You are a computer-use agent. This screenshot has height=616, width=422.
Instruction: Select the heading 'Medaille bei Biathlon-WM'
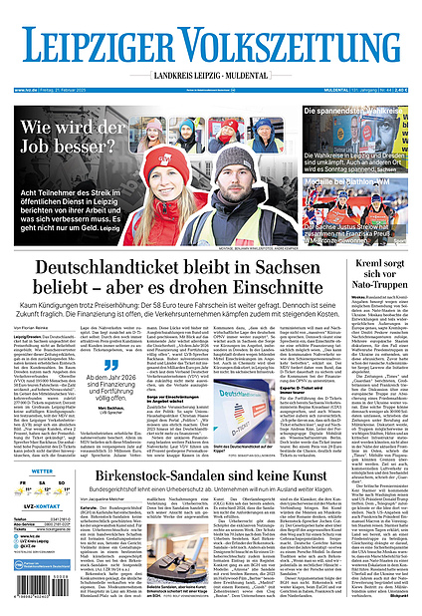coord(363,180)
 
